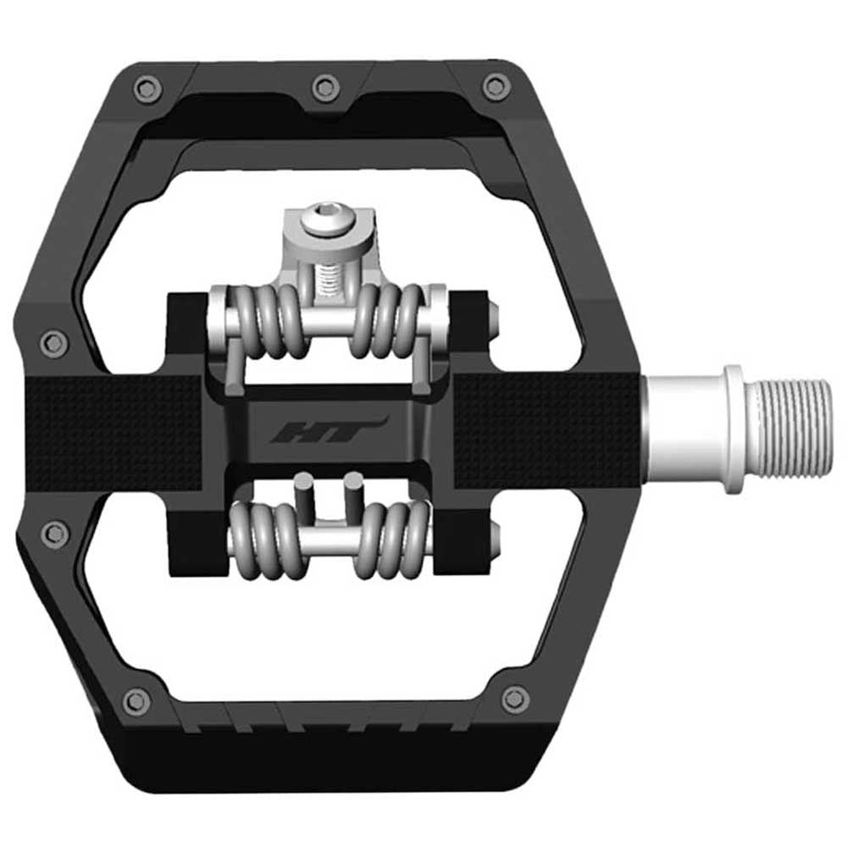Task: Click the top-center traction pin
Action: coord(325,86)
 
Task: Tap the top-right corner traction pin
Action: coord(495,86)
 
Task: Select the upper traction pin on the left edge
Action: coord(54,342)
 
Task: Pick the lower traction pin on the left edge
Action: coord(55,534)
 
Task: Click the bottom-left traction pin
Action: coord(136,700)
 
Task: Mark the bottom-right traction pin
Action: coord(514,700)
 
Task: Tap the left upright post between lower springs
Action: coord(302,500)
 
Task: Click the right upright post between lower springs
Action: coord(351,500)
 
